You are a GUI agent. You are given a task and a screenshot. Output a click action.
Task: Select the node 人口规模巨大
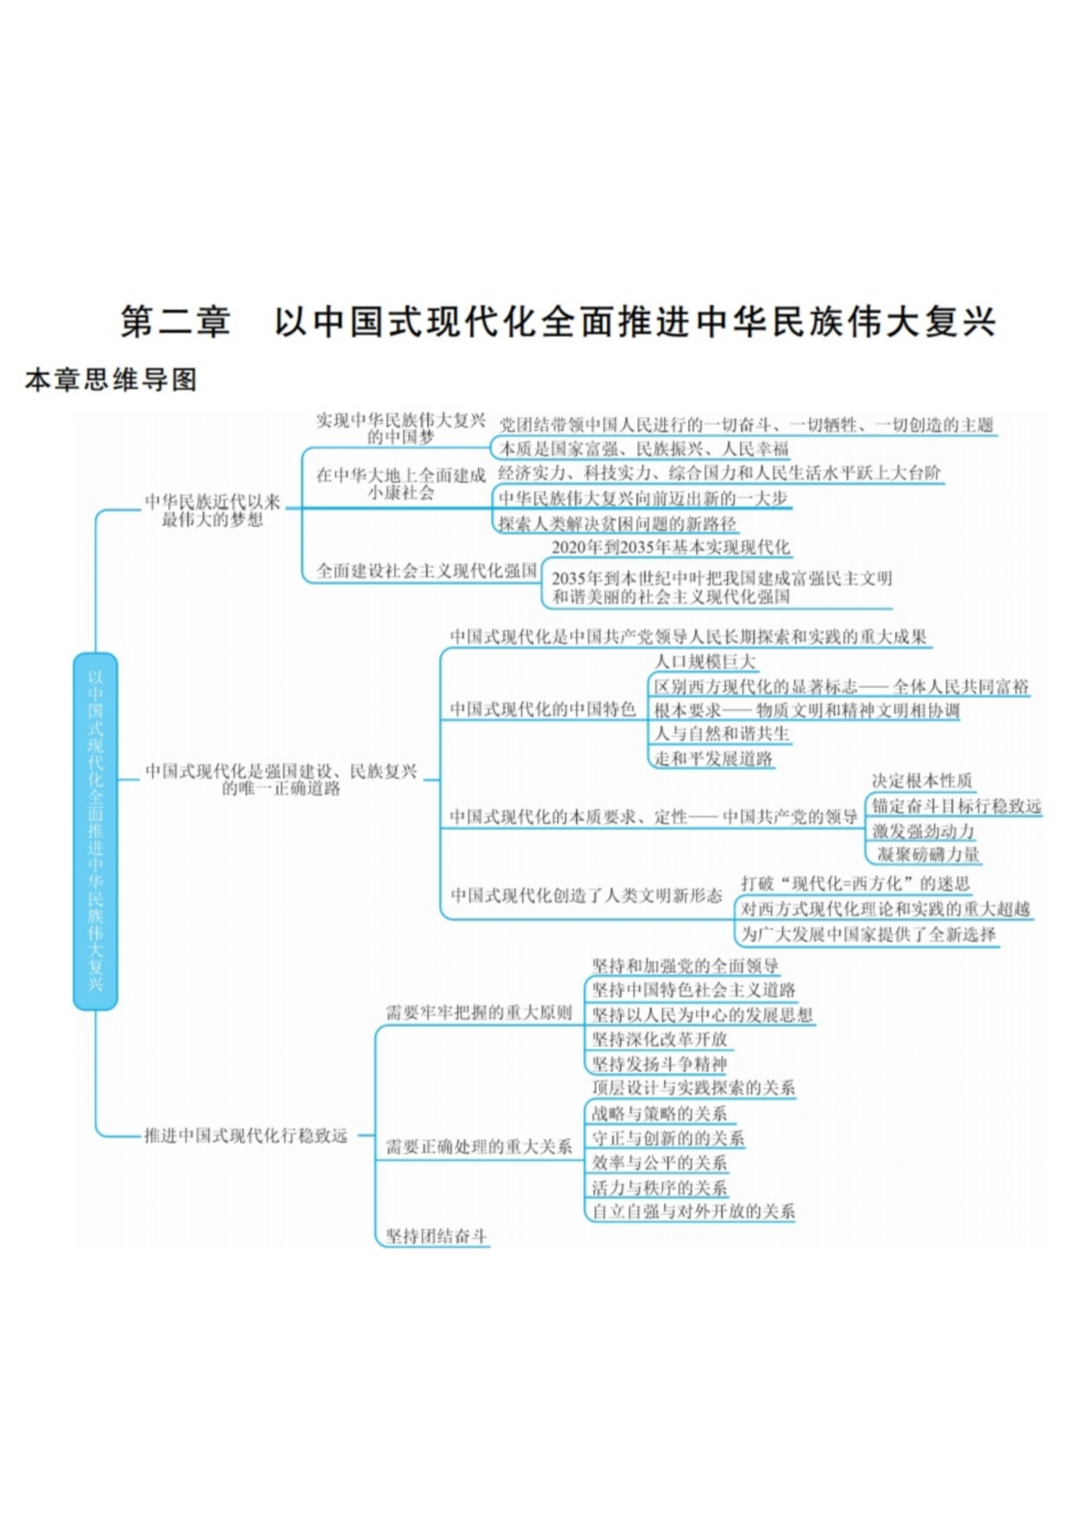tap(705, 661)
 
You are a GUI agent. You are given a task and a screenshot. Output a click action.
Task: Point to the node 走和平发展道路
tap(714, 759)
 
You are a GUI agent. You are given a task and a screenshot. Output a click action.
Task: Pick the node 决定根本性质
tap(922, 781)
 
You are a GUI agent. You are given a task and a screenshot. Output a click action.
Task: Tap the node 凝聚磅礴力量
tap(928, 854)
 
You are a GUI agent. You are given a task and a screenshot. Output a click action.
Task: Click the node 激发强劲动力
tap(923, 830)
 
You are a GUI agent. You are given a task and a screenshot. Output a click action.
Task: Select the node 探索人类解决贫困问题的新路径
tap(617, 524)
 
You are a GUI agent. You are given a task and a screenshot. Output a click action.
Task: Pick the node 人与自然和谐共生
tap(721, 734)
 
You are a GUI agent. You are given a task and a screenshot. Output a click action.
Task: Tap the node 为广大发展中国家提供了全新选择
tap(868, 935)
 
